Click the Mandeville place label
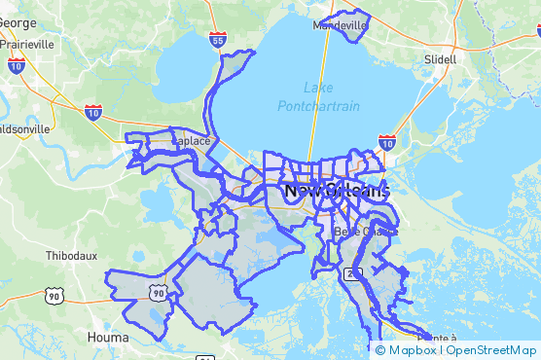[x=341, y=25]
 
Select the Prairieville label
[x=27, y=44]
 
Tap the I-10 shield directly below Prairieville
[x=16, y=65]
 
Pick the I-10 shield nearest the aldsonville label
[x=93, y=112]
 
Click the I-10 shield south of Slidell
[x=386, y=143]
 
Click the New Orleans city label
[x=336, y=192]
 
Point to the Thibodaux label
[x=71, y=256]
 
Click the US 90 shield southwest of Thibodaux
[x=54, y=295]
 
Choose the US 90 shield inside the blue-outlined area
[x=156, y=291]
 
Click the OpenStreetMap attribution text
[x=491, y=350]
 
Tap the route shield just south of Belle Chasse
[x=350, y=274]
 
